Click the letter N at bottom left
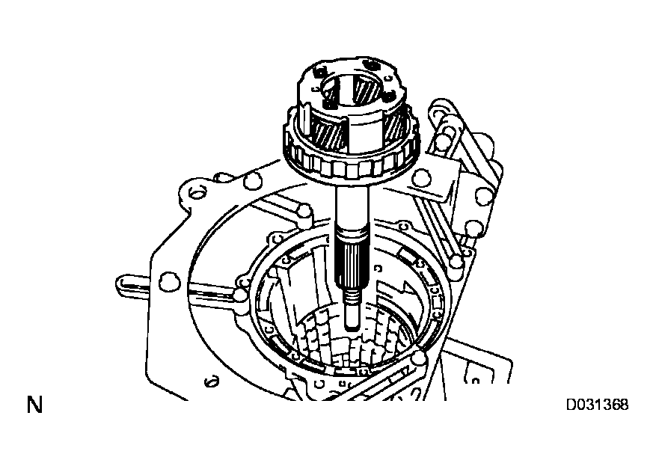34,406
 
